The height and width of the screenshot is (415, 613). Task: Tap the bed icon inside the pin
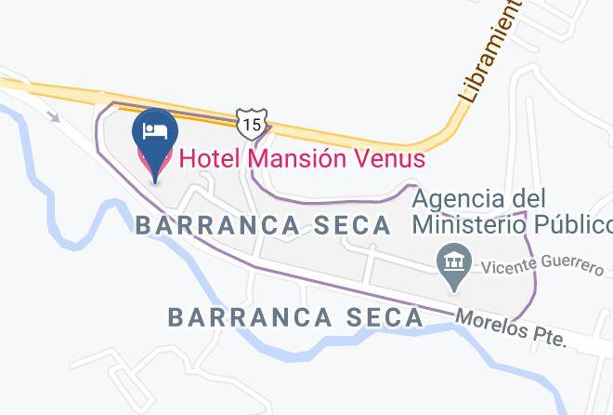[155, 128]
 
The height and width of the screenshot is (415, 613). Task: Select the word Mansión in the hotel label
[299, 158]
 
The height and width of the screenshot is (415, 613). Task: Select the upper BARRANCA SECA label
[264, 225]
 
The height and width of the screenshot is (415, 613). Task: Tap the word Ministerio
[473, 224]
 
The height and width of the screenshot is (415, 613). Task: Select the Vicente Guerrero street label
[542, 265]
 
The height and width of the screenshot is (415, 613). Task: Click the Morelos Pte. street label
[511, 329]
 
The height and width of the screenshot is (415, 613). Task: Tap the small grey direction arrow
[54, 116]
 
